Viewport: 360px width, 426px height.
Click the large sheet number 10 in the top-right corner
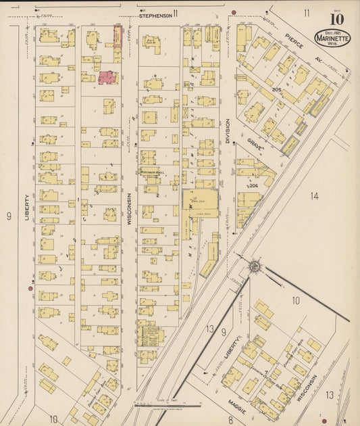[x=336, y=18]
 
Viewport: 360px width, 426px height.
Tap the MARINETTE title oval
[x=332, y=39]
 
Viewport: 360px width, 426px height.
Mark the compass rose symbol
[x=255, y=266]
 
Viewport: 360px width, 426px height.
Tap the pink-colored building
[x=107, y=78]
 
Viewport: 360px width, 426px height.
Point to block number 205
[x=276, y=89]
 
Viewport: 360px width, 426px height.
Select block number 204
[x=253, y=185]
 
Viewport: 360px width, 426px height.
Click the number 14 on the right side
[x=314, y=196]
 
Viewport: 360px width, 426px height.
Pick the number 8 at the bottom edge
[x=230, y=419]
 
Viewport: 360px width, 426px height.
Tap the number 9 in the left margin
[x=9, y=216]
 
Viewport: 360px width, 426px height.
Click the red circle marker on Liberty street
[x=30, y=289]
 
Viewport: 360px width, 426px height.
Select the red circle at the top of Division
[x=234, y=12]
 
